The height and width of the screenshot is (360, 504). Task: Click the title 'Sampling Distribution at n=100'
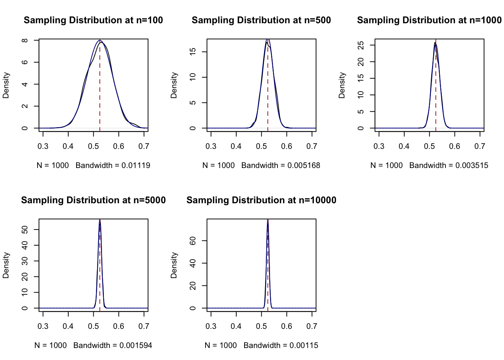[93, 20]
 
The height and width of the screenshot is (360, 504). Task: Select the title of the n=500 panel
[261, 20]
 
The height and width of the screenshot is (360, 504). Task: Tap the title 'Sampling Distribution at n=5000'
[93, 200]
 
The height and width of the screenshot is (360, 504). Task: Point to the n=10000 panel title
[261, 200]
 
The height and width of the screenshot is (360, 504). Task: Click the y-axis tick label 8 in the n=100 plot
[24, 40]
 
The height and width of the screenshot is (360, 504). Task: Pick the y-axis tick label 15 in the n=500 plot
[193, 52]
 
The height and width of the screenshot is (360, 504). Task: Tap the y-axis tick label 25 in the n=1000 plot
[361, 45]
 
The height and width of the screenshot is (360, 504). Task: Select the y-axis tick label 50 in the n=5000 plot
[24, 229]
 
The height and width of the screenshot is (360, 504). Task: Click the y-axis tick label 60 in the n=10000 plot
[193, 241]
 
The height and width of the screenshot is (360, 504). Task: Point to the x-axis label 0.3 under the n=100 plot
[43, 147]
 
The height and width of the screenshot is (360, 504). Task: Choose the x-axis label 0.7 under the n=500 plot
[312, 147]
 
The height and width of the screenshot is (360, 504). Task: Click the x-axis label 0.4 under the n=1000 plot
[404, 147]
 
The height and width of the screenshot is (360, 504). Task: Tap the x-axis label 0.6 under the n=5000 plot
[118, 326]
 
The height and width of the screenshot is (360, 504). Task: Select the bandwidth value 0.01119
[136, 165]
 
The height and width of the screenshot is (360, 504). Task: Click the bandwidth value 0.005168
[304, 165]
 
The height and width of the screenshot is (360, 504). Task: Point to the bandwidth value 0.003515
[472, 165]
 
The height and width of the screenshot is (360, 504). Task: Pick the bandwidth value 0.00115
[304, 345]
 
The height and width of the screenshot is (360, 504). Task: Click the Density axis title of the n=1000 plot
[342, 85]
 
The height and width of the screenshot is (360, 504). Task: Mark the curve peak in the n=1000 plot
[435, 43]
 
